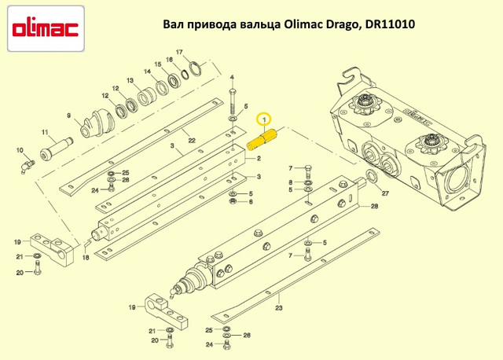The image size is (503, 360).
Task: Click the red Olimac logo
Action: tap(46, 29)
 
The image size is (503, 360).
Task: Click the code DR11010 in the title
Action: tap(388, 24)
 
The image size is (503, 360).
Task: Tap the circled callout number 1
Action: tap(264, 119)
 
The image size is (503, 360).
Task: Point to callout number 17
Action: tap(179, 52)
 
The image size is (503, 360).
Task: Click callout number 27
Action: tap(385, 193)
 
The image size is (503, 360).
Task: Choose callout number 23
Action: tap(279, 308)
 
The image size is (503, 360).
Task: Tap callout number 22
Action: tap(192, 141)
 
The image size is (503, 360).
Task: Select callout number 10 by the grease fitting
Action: tap(20, 150)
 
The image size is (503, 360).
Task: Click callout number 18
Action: tap(86, 257)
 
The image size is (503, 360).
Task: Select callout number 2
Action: tap(259, 158)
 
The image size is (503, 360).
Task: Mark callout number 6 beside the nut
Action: tap(251, 202)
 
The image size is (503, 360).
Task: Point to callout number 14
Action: tap(147, 72)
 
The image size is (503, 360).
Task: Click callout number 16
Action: tap(170, 60)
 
